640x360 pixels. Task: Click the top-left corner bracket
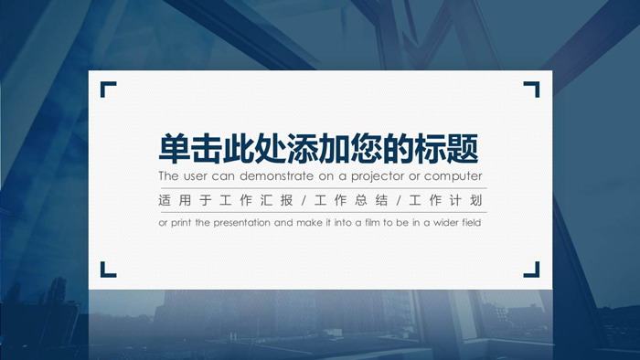[107, 89]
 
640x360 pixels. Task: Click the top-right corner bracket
[532, 89]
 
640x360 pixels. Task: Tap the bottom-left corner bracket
[107, 270]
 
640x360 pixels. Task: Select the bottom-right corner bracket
[532, 270]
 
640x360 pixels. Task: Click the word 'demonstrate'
[273, 175]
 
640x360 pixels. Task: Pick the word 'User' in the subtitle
[197, 175]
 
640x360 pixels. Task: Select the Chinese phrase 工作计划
[448, 200]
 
